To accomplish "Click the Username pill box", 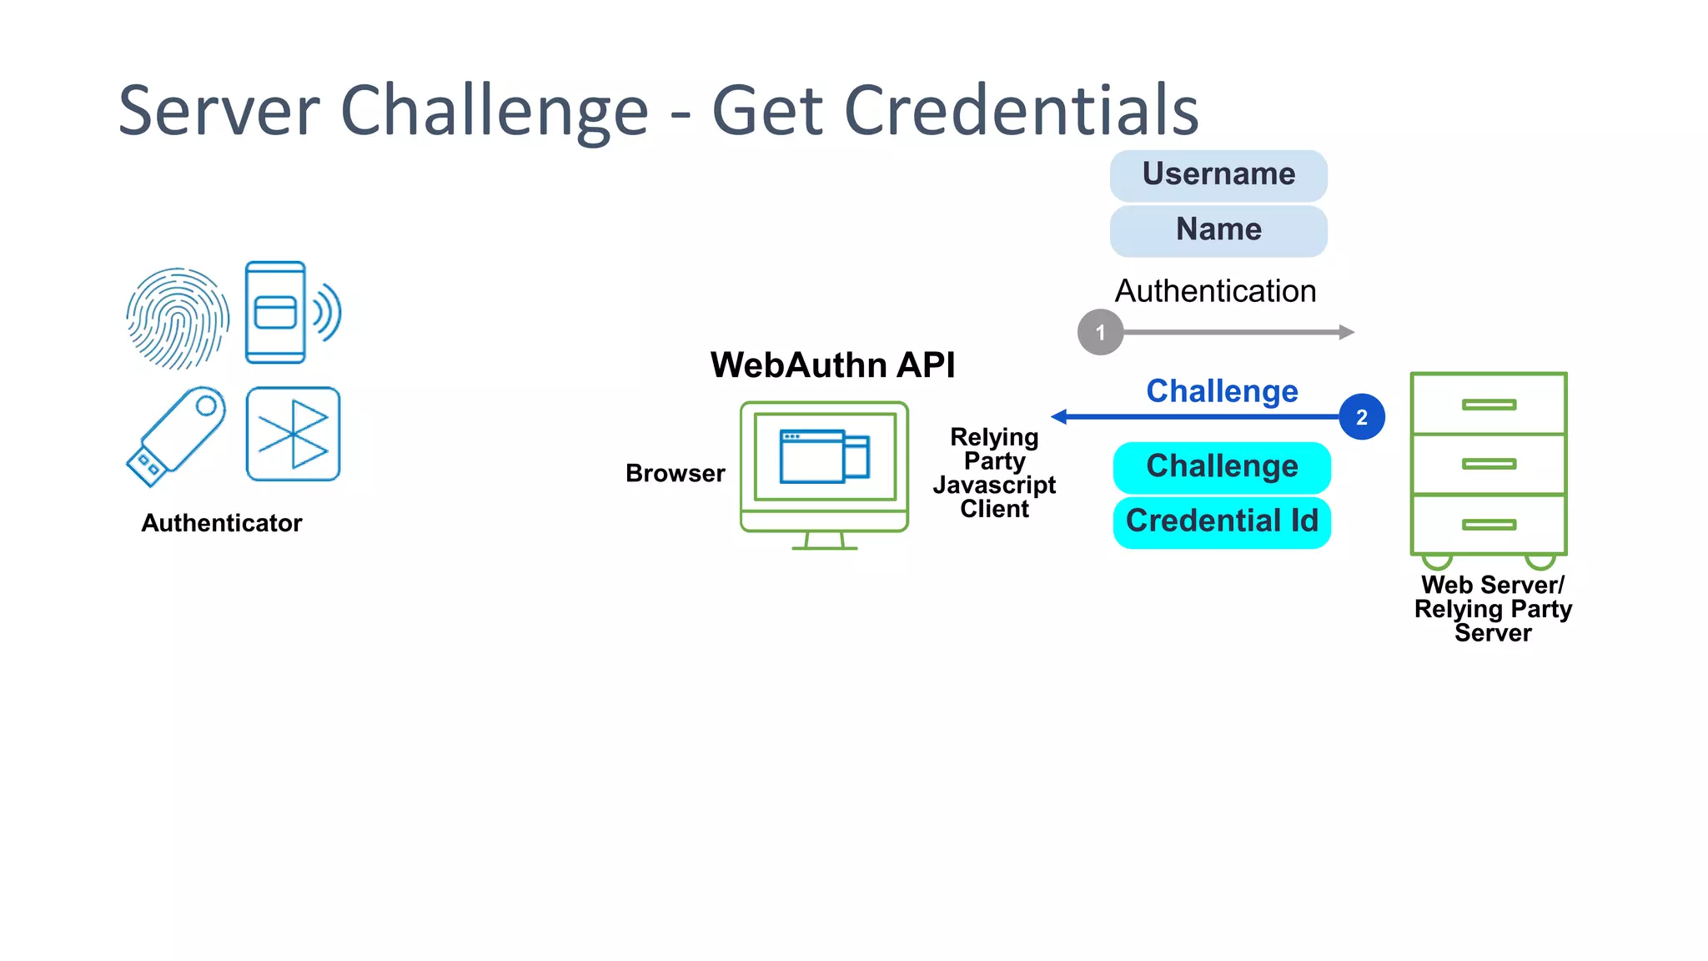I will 1218,175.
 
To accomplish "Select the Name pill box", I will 1218,230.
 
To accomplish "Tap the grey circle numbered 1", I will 1100,332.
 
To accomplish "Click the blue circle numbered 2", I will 1361,417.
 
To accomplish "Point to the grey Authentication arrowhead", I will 1346,332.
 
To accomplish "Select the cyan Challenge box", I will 1222,467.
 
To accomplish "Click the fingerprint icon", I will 178,318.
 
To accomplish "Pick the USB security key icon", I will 176,436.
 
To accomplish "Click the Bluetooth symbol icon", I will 294,434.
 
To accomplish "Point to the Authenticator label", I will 221,523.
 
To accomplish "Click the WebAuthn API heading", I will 832,365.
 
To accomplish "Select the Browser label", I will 675,473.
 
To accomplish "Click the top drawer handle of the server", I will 1489,405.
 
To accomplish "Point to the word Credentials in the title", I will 1021,110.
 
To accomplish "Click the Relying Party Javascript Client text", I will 994,473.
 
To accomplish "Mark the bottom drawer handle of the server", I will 1489,525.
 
